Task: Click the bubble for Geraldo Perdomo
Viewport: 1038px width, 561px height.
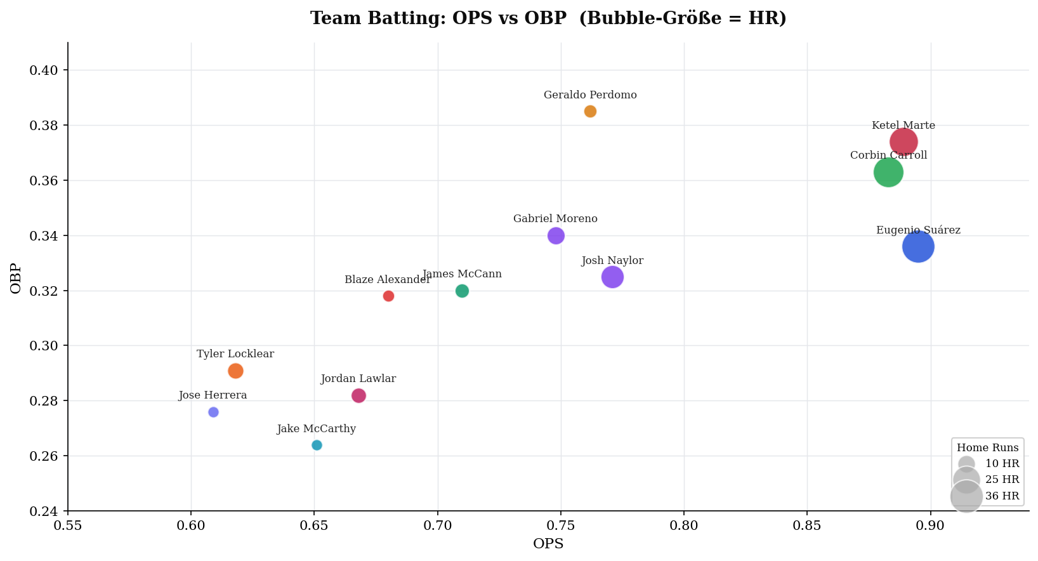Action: coord(590,112)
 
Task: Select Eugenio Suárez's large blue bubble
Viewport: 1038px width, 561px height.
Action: coord(918,247)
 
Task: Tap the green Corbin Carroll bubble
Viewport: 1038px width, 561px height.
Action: coord(888,172)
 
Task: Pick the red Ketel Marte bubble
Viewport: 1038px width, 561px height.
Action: coord(903,142)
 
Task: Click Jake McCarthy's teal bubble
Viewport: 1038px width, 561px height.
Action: coord(317,445)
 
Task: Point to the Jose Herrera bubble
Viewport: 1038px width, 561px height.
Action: coord(213,412)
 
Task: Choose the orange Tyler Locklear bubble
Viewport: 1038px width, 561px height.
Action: coord(235,371)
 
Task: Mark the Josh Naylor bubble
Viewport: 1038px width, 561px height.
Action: coord(612,277)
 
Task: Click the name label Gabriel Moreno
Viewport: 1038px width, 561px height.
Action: coord(555,219)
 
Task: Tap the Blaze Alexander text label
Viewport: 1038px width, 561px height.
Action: coord(387,280)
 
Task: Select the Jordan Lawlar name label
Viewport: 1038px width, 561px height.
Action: coord(358,379)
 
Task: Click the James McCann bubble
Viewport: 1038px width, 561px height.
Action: coord(462,291)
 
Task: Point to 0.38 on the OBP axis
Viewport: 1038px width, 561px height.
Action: coord(44,126)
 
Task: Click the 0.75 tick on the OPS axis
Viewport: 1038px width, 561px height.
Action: coord(561,525)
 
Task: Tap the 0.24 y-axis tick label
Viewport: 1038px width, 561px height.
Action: coord(44,511)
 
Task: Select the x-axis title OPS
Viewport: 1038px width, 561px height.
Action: coord(548,544)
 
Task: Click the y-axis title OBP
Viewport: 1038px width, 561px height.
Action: coord(16,278)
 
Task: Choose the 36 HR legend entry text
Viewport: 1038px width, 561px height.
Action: coord(1002,496)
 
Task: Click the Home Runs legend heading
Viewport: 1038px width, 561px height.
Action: coord(987,447)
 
